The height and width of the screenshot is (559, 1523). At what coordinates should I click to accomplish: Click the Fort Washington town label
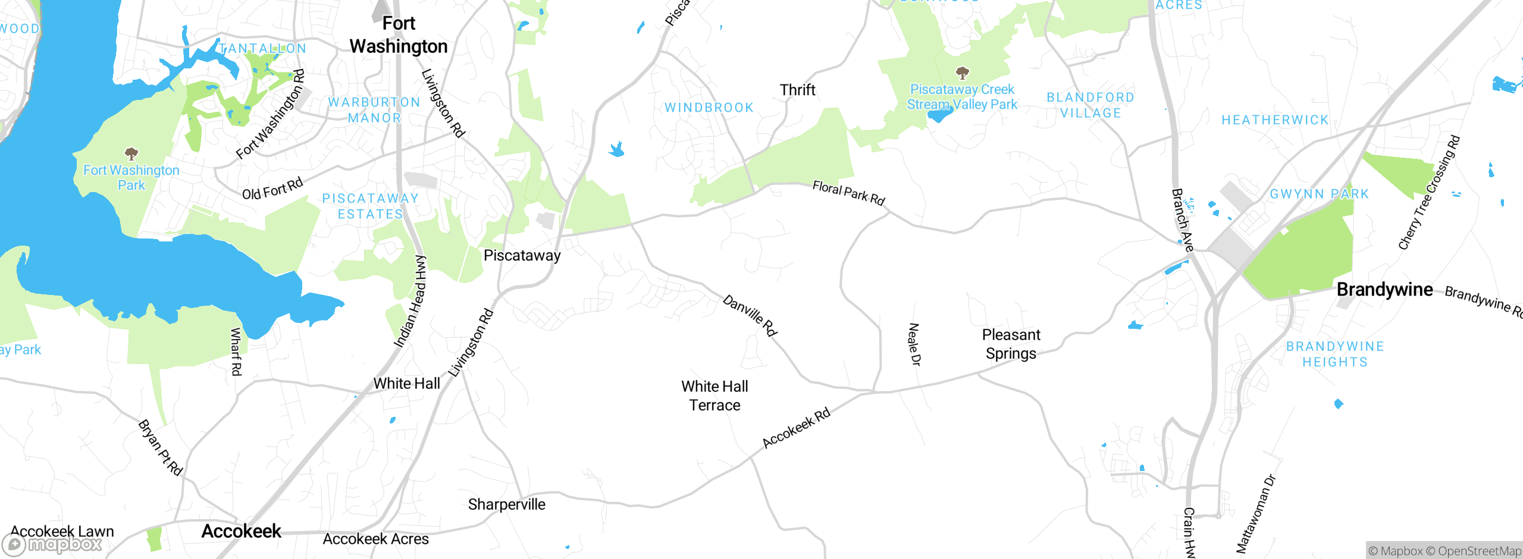click(399, 35)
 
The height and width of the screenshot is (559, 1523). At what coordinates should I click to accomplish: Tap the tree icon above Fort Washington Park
click(131, 154)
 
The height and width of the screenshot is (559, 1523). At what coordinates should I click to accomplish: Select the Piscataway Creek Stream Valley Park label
click(962, 97)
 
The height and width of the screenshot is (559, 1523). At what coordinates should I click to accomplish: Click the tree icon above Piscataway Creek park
click(962, 73)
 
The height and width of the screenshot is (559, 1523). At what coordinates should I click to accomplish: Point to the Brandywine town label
click(1384, 290)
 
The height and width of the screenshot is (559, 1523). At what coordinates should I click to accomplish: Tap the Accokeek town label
click(241, 531)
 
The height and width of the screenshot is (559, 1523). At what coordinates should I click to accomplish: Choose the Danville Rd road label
click(750, 316)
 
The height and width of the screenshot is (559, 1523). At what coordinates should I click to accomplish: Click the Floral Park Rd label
click(848, 193)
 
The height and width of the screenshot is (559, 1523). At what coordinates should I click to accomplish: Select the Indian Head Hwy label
click(410, 302)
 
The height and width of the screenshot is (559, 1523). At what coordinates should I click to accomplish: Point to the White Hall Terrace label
click(715, 396)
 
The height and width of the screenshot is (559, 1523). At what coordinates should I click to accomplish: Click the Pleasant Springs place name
click(1011, 344)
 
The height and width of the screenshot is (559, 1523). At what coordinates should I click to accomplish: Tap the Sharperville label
click(506, 504)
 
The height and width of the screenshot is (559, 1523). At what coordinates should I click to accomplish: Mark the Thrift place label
click(797, 90)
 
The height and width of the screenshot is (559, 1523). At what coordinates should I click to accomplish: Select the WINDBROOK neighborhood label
click(709, 108)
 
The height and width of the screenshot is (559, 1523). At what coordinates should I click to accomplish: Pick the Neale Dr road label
click(914, 344)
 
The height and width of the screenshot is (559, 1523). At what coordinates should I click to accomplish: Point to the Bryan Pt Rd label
click(160, 448)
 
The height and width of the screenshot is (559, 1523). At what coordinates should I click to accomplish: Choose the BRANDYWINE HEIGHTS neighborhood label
click(1334, 354)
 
